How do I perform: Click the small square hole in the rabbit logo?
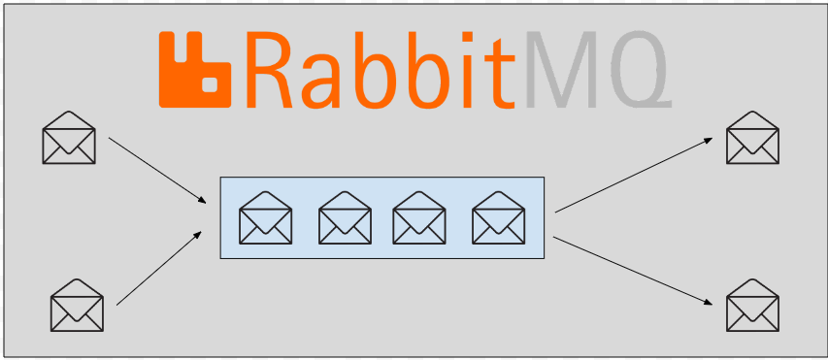210,84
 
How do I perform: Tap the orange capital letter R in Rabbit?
269,70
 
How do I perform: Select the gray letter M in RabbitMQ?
561,70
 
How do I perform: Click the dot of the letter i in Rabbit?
467,37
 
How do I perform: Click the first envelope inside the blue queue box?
266,217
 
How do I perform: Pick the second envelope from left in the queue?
345,217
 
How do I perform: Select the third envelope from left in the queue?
419,217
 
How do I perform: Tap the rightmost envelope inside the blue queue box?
499,217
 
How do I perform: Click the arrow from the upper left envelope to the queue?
157,170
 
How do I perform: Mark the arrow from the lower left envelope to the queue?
159,268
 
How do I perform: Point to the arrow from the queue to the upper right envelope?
634,176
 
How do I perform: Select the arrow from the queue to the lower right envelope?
633,271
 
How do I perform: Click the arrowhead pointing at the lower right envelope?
709,303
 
